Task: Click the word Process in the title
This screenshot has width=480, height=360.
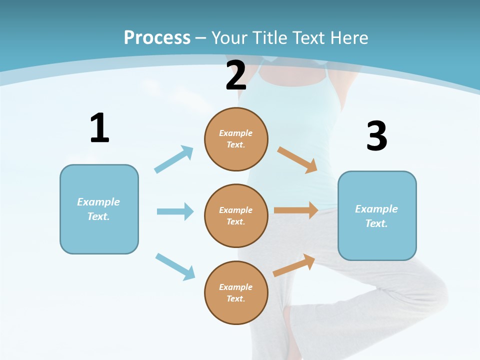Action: tap(157, 37)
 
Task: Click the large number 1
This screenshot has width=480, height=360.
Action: tap(99, 128)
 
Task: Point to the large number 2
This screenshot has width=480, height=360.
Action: tap(236, 75)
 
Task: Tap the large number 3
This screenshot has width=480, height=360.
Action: tap(376, 136)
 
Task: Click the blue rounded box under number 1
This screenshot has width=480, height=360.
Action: tap(99, 209)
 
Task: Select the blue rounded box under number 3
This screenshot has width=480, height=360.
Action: tap(376, 215)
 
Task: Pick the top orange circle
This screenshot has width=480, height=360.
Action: tap(236, 139)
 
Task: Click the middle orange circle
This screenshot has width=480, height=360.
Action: tap(236, 215)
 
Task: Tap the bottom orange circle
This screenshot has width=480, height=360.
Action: tap(236, 292)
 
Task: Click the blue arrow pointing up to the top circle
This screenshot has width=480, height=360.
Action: tap(173, 159)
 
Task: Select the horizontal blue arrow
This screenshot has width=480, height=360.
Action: tap(175, 211)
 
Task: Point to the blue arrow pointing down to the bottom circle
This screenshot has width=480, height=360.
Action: tap(175, 266)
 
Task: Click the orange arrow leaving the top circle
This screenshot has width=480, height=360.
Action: tap(297, 159)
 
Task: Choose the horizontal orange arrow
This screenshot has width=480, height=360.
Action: tap(296, 210)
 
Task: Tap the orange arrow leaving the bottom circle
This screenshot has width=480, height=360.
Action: tap(294, 265)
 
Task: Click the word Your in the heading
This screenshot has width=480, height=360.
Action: tap(229, 37)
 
